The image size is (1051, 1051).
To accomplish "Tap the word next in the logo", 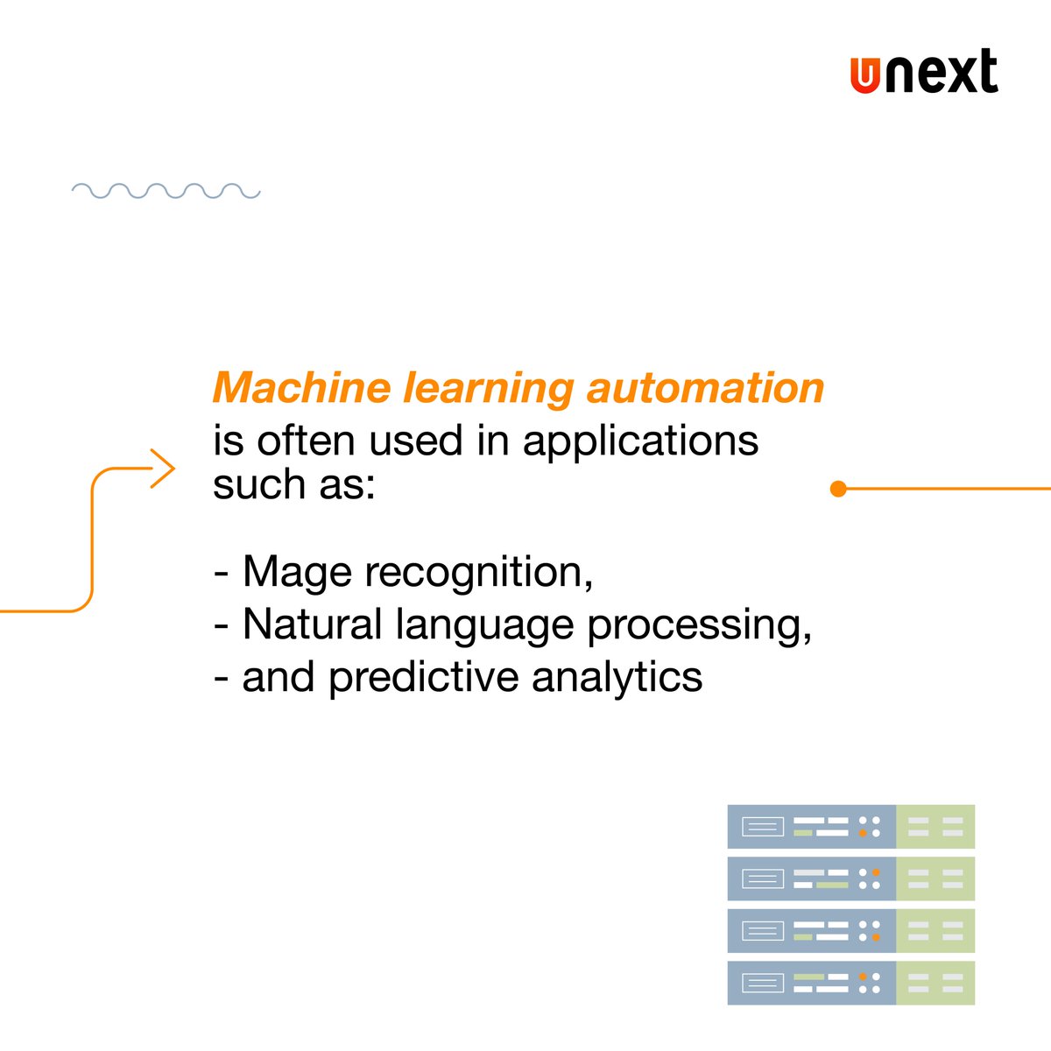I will click(940, 74).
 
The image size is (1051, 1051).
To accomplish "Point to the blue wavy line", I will click(166, 191).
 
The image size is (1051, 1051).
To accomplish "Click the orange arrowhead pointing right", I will click(163, 469).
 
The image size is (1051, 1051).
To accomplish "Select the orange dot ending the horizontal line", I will click(838, 489).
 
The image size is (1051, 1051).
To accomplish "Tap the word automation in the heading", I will click(705, 388).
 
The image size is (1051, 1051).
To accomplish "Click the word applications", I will click(640, 441).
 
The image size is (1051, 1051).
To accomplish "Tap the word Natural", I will click(313, 624).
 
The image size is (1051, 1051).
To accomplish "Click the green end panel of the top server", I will click(935, 827).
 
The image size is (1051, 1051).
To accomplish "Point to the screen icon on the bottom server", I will click(762, 984).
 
